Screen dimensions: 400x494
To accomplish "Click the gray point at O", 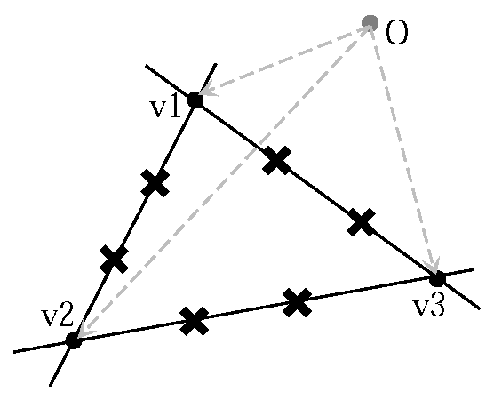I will [370, 22].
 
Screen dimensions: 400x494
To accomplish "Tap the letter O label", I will [397, 35].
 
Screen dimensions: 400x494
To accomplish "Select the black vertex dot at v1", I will [195, 100].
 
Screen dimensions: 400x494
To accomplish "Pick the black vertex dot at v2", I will [74, 340].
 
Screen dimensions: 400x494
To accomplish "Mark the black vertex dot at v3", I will [436, 278].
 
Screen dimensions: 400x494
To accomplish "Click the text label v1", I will [164, 108].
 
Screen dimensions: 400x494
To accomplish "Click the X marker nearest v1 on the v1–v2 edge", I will [155, 183].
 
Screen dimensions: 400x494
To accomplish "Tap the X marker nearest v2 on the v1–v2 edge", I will [114, 259].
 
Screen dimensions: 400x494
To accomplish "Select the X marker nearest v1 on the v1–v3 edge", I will [277, 160].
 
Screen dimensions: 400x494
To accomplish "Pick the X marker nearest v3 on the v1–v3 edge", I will [361, 222].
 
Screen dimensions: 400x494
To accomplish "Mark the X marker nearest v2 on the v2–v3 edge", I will [194, 320].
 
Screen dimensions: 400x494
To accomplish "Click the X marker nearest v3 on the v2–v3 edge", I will [298, 302].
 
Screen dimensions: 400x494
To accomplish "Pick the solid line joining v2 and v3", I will [246, 311].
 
